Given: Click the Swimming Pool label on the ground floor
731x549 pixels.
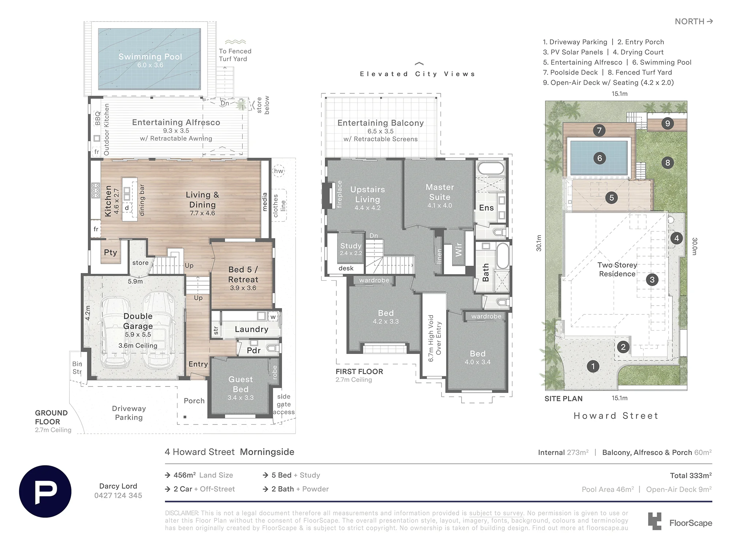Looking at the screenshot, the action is click(x=150, y=57).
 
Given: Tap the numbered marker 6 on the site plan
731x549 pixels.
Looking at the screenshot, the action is click(x=599, y=158).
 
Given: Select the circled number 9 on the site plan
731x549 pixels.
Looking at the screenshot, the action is click(x=667, y=123).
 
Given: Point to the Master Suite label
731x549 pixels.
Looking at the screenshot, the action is click(x=440, y=192).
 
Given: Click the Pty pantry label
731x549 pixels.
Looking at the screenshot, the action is click(x=110, y=253).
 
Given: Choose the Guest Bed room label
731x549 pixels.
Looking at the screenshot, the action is click(x=240, y=384).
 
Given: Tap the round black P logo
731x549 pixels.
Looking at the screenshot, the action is click(x=45, y=491).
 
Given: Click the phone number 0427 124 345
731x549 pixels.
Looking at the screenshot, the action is click(x=118, y=496).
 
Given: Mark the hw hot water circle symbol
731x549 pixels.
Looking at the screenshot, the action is click(x=279, y=171).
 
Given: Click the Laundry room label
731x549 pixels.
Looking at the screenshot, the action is click(x=251, y=329).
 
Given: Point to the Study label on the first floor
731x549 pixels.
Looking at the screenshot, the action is click(x=351, y=246).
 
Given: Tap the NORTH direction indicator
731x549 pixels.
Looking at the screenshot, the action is click(x=694, y=22).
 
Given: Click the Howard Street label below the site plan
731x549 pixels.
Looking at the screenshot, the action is click(x=616, y=416).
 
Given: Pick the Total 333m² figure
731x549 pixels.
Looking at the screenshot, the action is click(x=691, y=475).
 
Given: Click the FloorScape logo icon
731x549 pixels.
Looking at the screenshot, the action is click(x=655, y=521).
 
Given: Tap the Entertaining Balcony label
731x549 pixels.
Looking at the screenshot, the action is click(x=380, y=123).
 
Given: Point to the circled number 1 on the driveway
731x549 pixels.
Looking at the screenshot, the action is click(x=593, y=366).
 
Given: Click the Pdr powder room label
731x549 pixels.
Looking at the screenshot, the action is click(x=254, y=351).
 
